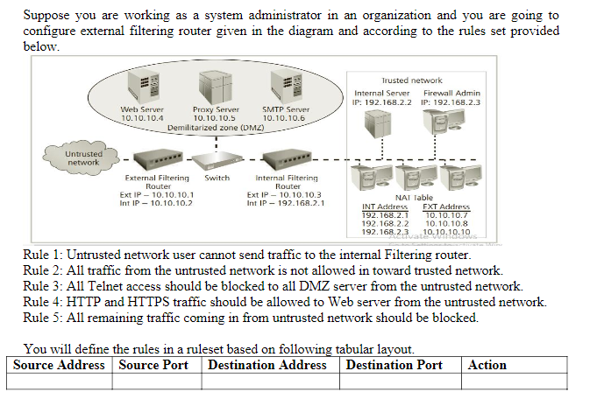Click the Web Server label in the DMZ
coord(142,109)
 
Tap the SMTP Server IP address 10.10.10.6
coord(285,118)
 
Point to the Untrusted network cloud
coord(83,157)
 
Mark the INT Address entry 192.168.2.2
coord(385,223)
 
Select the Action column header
coord(487,365)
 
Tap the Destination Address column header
coord(267,365)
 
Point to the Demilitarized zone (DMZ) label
coord(216,127)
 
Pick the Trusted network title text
coord(412,80)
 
